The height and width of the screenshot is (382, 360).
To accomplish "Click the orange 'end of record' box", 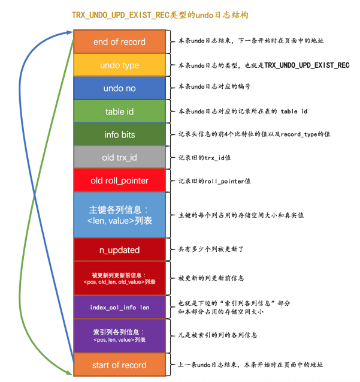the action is click(120, 41).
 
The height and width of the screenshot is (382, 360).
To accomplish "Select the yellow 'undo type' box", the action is click(120, 65).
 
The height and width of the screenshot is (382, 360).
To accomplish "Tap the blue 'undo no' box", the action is click(120, 88).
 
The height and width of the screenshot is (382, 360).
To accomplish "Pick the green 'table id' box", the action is click(120, 112).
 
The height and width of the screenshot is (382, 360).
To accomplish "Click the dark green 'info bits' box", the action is click(120, 134).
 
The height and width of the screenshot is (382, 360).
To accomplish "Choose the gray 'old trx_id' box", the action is click(120, 157).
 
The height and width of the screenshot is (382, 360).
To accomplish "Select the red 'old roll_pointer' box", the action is click(120, 181).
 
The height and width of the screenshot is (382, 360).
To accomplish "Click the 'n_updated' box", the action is click(120, 249).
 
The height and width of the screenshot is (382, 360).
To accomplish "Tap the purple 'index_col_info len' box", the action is click(120, 307).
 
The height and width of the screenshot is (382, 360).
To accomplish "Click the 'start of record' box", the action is click(120, 365).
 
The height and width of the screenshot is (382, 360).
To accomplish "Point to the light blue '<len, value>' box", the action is click(120, 215).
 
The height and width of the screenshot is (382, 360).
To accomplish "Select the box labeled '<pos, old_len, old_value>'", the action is click(120, 278).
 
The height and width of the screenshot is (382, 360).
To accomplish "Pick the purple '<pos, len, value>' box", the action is click(120, 336).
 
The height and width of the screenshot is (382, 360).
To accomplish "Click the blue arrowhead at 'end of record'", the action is click(70, 32).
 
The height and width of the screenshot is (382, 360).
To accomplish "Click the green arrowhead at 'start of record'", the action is click(69, 373).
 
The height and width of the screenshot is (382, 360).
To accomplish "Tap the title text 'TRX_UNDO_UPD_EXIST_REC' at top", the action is click(120, 15).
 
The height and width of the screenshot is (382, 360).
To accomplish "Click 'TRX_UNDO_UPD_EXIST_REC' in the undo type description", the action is click(307, 65).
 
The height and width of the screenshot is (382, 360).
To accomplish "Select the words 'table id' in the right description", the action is click(294, 112).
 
